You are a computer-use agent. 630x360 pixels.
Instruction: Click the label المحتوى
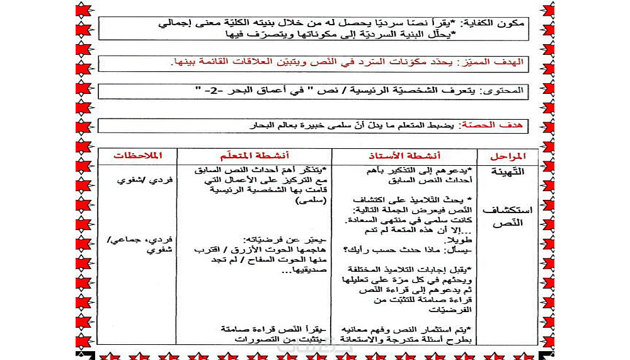pos(510,91)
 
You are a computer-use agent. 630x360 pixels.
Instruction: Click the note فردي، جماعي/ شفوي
pos(142,245)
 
